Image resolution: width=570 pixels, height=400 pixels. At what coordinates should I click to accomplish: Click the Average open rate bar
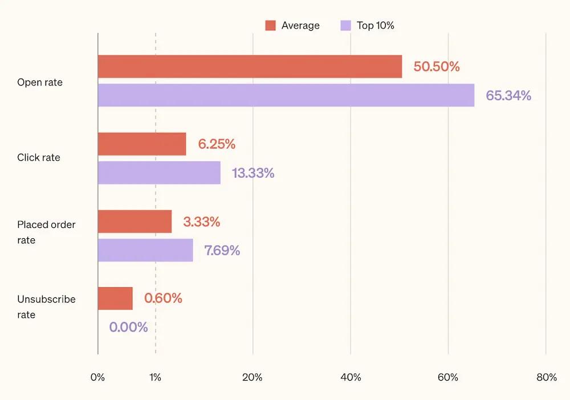tap(250, 67)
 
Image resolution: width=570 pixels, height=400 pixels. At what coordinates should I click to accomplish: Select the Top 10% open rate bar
tap(286, 95)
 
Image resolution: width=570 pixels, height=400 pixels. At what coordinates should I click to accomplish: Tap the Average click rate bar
tap(142, 144)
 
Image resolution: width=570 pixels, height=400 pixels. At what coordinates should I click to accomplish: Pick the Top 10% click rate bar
tap(159, 173)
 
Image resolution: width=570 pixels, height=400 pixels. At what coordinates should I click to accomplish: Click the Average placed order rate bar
tap(135, 222)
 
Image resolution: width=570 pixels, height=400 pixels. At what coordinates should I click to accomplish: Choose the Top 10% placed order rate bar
tap(145, 250)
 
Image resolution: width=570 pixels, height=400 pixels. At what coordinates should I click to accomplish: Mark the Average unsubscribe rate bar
tap(115, 299)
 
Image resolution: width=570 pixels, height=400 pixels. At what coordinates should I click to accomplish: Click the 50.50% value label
tap(436, 67)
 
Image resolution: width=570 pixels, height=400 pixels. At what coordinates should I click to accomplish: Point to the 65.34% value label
tap(508, 95)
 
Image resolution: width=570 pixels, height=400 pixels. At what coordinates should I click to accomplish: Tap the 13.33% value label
tap(253, 173)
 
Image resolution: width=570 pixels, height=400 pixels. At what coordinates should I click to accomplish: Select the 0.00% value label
tap(128, 328)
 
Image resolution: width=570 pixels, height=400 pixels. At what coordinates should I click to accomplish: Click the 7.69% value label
tap(222, 251)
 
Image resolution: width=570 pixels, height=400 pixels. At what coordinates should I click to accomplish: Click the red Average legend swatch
tap(270, 26)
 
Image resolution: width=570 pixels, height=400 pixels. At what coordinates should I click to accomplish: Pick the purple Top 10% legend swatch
tap(345, 26)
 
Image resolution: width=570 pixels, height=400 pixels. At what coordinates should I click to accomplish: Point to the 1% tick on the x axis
tap(155, 377)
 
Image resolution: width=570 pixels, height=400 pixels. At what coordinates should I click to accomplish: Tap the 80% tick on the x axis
tap(546, 377)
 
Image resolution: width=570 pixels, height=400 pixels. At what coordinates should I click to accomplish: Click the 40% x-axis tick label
tap(351, 377)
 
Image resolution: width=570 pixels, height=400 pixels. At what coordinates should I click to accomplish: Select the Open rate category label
tap(40, 83)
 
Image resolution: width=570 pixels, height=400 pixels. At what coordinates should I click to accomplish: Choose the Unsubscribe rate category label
tap(46, 307)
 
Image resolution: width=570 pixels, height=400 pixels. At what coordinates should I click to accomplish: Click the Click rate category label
tap(39, 158)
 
